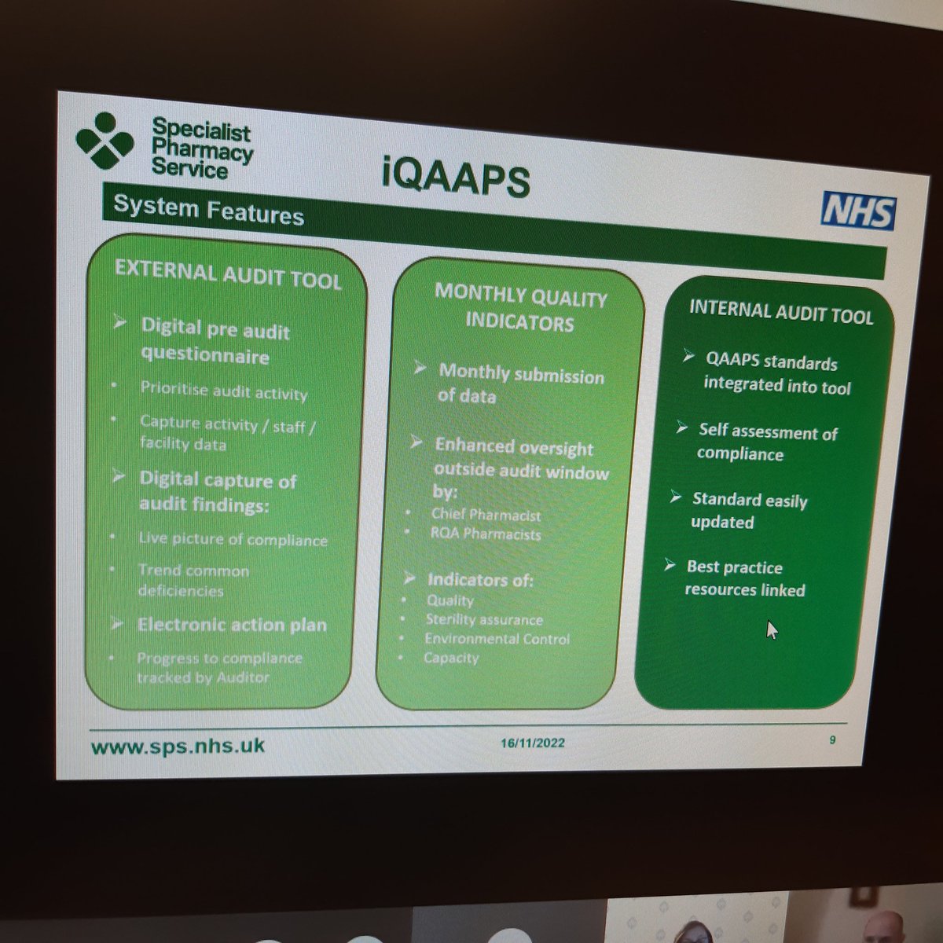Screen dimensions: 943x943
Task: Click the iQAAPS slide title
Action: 457,178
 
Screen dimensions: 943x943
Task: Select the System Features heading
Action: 208,210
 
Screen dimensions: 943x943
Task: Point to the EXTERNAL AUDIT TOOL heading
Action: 228,275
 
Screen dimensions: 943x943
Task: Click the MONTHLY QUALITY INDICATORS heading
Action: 520,309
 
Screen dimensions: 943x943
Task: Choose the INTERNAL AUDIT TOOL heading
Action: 780,311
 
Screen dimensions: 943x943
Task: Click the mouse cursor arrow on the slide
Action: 772,629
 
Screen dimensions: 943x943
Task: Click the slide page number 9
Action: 831,739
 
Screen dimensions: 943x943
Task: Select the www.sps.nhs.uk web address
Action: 178,746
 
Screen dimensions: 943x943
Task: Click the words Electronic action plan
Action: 232,626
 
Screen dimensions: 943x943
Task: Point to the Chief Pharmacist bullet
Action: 486,516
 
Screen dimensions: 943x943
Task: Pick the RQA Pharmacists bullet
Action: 486,534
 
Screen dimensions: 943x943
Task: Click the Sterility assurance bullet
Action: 483,620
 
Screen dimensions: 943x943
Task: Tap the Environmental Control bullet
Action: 497,639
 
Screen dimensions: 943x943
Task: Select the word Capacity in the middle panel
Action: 451,658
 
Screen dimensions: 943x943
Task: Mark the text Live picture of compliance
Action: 233,540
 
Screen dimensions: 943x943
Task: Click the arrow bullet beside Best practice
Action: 670,565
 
